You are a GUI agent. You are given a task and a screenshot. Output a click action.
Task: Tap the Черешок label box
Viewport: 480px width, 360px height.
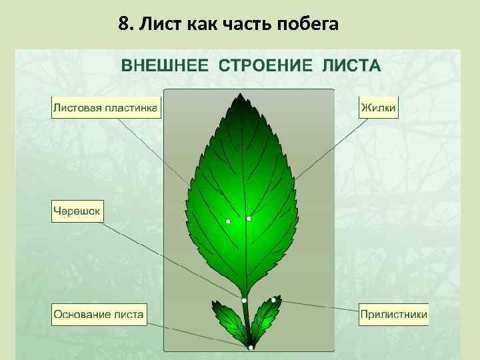(x=77, y=213)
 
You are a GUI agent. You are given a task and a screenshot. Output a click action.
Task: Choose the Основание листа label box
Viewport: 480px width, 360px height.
(x=99, y=315)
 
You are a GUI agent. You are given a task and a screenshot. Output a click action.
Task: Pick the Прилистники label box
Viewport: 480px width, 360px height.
(x=393, y=315)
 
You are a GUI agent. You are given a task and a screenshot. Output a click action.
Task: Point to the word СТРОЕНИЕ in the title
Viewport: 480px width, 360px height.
(x=266, y=66)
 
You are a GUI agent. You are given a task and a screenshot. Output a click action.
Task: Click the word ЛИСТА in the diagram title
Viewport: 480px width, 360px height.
(x=351, y=66)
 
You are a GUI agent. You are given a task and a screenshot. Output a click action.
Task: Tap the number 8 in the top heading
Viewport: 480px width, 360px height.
(x=123, y=25)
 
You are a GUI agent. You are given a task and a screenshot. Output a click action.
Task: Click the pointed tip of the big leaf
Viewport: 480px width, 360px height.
(x=239, y=95)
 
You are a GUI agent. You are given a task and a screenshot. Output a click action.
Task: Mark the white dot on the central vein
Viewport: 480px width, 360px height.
(x=249, y=219)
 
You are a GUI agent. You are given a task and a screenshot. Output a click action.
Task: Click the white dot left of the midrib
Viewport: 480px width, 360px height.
(x=228, y=221)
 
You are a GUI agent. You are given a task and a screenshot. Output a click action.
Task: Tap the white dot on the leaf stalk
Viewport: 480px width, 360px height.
(x=245, y=301)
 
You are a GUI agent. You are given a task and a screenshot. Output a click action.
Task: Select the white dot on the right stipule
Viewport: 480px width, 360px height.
(x=273, y=300)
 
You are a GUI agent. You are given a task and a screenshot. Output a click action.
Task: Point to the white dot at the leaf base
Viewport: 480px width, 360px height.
(x=250, y=347)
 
